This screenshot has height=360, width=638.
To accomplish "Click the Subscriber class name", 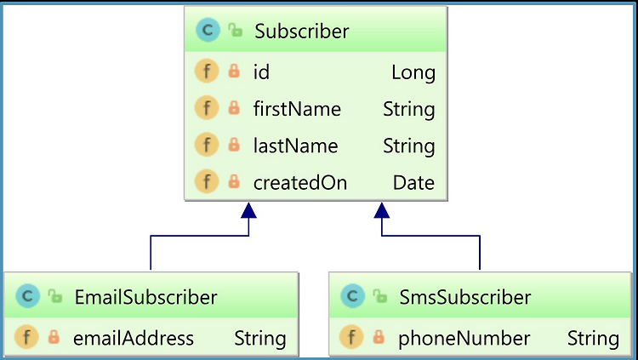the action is tap(301, 31).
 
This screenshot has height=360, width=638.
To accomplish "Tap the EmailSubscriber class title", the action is tap(145, 297).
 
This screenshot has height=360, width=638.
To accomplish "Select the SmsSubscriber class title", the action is tap(464, 297).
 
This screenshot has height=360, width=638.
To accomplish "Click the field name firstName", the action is tap(297, 109).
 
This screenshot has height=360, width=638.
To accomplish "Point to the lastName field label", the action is tap(295, 146).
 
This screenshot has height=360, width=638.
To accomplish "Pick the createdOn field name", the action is tap(300, 183).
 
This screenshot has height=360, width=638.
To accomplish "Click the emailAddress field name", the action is tap(134, 339).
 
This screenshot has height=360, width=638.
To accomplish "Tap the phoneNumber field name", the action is tap(464, 339).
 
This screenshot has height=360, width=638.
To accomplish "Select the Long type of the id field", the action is tap(413, 73).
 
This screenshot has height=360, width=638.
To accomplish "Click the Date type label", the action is tap(413, 183).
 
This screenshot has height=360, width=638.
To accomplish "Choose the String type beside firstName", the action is tap(409, 110).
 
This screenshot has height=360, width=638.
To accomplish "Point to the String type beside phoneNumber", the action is tap(593, 339).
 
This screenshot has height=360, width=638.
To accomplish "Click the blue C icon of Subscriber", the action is tap(208, 30).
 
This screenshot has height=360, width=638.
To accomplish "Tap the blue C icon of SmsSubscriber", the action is tap(352, 296).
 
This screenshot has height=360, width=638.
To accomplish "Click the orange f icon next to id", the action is tap(207, 71).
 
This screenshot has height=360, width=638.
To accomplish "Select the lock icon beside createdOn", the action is tap(234, 181).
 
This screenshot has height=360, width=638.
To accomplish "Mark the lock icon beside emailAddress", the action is tap(54, 337).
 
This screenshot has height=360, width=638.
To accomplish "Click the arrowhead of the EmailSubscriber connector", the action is tap(248, 211).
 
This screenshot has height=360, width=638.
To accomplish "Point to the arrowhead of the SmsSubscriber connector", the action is tap(382, 211).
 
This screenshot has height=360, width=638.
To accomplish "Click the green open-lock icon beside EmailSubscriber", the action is tap(55, 296).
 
